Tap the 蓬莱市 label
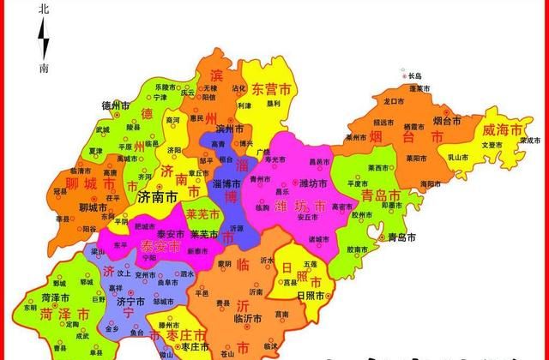pos(420,88)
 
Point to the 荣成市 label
pos(530,140)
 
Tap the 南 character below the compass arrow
pos(45,67)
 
